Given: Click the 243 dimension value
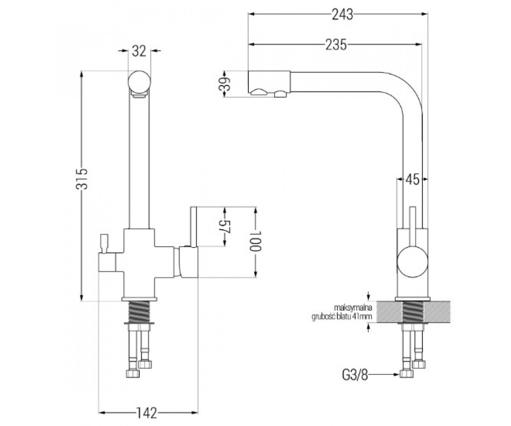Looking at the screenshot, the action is click(x=342, y=14).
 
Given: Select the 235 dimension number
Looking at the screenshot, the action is click(x=336, y=45).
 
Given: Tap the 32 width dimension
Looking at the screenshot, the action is click(x=139, y=51).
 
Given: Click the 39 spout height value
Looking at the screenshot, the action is click(x=224, y=84).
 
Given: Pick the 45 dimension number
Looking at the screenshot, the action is click(x=412, y=180).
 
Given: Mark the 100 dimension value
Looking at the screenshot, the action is click(x=255, y=241).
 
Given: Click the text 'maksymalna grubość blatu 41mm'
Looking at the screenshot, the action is click(x=342, y=312).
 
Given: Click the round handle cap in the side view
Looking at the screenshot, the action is click(x=412, y=262).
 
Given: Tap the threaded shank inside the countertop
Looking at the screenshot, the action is click(x=413, y=312).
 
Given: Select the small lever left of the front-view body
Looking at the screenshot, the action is click(x=103, y=243).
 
